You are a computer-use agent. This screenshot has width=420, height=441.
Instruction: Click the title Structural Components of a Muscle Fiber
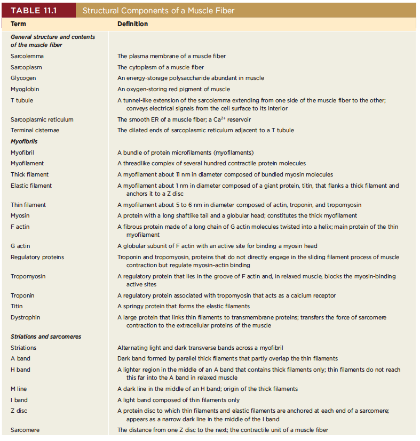click(x=159, y=11)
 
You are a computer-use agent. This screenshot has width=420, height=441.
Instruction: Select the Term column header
click(x=18, y=24)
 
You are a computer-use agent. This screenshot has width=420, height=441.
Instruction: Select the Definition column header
click(x=132, y=24)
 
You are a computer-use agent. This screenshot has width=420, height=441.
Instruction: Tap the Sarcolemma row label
click(x=27, y=56)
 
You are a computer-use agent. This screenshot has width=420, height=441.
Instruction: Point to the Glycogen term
click(x=23, y=78)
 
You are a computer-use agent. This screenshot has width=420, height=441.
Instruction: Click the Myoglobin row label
click(x=25, y=89)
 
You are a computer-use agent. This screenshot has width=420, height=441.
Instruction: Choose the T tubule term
click(x=21, y=100)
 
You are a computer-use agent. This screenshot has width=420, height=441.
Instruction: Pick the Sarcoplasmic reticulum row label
click(x=42, y=119)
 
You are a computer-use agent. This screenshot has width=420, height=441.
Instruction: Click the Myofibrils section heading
click(x=24, y=142)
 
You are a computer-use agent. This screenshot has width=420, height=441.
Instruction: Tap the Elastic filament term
click(x=31, y=186)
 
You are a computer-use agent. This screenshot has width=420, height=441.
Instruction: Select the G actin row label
click(x=20, y=246)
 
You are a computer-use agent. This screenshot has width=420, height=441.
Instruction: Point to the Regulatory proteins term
click(x=37, y=257)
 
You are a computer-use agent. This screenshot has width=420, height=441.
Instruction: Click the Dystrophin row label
click(x=25, y=317)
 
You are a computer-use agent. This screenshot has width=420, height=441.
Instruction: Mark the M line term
click(x=19, y=389)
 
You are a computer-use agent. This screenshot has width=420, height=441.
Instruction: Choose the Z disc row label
click(x=19, y=410)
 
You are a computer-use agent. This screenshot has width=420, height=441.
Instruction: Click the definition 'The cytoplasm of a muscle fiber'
click(x=161, y=67)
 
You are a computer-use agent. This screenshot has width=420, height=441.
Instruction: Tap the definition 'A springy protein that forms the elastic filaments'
click(x=183, y=306)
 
